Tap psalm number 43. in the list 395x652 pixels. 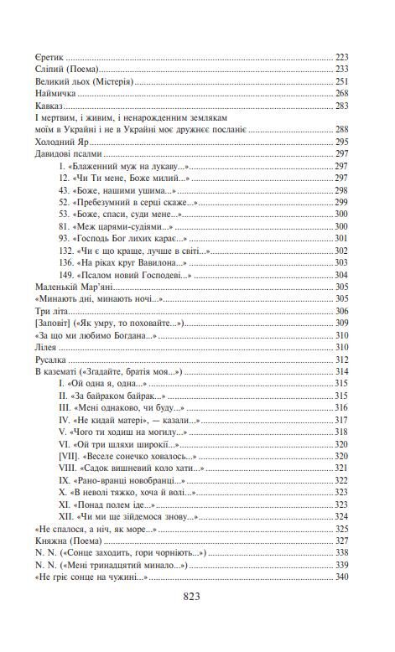(x=67, y=191)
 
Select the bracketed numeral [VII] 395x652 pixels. (x=70, y=456)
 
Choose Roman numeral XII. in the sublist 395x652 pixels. (x=68, y=516)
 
